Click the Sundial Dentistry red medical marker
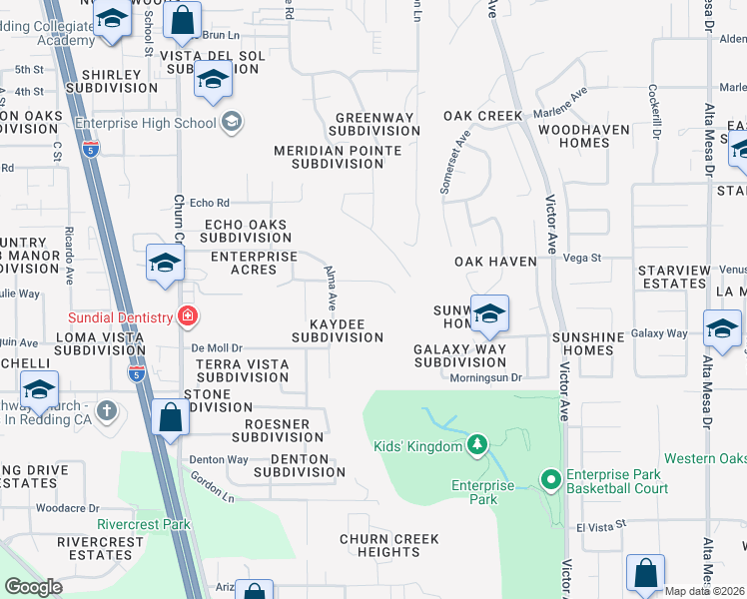pyautogui.click(x=186, y=317)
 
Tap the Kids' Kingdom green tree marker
pyautogui.click(x=477, y=443)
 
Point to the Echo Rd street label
pyautogui.click(x=209, y=202)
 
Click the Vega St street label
pyautogui.click(x=582, y=258)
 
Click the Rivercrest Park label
pyautogui.click(x=143, y=524)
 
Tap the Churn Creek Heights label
pyautogui.click(x=388, y=546)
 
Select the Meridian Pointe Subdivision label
pyautogui.click(x=338, y=158)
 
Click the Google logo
pyautogui.click(x=34, y=586)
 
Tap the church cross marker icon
pyautogui.click(x=107, y=410)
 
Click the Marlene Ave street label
pyautogui.click(x=560, y=103)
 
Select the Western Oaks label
pyautogui.click(x=704, y=458)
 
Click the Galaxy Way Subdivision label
pyautogui.click(x=460, y=355)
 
